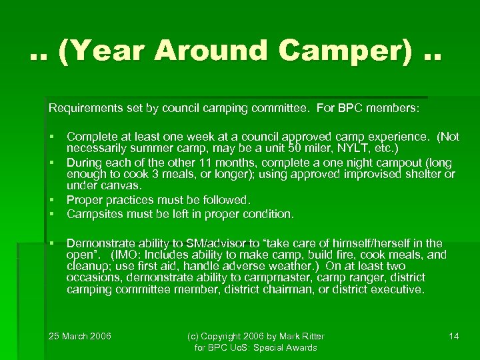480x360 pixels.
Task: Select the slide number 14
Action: coord(454,336)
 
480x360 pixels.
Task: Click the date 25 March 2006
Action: coord(80,336)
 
